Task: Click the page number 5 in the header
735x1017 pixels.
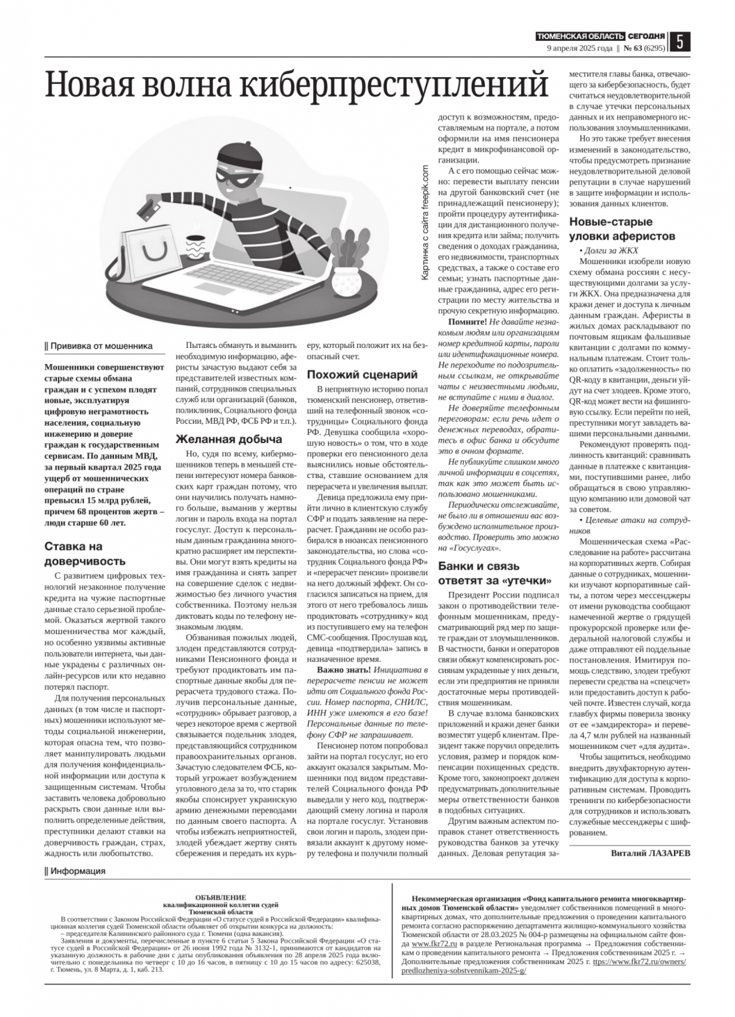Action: pyautogui.click(x=680, y=42)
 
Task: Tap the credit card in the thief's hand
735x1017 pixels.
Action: pyautogui.click(x=148, y=207)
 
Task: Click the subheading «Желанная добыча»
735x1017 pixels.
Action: pyautogui.click(x=229, y=439)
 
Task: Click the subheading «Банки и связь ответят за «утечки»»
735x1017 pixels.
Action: pyautogui.click(x=494, y=573)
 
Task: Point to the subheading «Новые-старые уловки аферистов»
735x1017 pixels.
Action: pyautogui.click(x=622, y=229)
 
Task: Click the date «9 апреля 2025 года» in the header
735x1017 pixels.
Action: pyautogui.click(x=579, y=49)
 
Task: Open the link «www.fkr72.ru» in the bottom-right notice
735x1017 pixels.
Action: pyautogui.click(x=429, y=945)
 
